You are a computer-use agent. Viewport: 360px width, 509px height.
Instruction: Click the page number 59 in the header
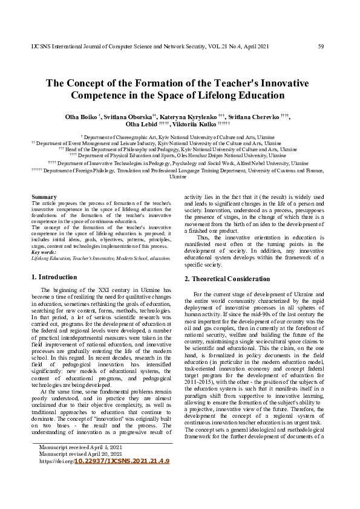[321, 46]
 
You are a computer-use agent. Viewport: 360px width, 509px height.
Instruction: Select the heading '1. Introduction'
[54, 277]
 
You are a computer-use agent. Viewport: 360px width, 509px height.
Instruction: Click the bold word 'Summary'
[44, 197]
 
